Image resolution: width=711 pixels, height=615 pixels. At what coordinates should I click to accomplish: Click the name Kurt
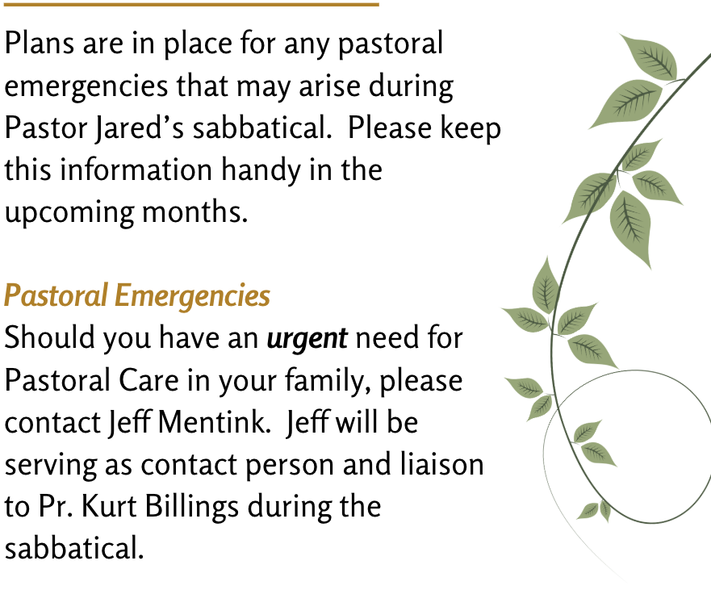[x=109, y=506]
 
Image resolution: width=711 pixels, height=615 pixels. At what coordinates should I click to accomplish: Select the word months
[x=195, y=211]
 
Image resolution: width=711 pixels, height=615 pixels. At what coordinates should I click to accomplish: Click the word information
[x=136, y=169]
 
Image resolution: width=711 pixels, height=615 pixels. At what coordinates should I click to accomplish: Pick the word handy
[x=261, y=170]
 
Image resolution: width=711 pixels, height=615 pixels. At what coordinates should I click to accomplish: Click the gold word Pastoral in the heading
[x=56, y=295]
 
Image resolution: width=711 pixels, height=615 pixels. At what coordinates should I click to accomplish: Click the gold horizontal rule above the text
[x=191, y=5]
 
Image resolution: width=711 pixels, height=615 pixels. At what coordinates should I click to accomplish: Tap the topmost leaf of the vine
[x=648, y=56]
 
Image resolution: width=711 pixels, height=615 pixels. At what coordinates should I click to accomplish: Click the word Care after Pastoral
[x=148, y=380]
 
